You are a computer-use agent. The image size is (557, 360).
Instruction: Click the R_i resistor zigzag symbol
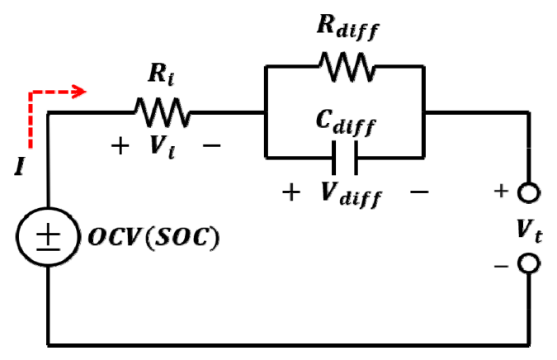coord(163,112)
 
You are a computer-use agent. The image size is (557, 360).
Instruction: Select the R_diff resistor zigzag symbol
coord(347,67)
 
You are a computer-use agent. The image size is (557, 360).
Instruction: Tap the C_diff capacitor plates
coord(345,158)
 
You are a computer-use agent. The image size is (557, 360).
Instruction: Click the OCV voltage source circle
coord(48,237)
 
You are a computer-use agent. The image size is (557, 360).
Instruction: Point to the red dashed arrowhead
coord(79,92)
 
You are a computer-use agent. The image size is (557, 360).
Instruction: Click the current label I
coord(20,167)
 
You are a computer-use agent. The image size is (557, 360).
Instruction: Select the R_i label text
coord(162,74)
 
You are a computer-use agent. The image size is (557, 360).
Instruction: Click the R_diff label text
coord(348,27)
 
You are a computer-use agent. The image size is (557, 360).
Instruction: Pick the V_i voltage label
coord(163,147)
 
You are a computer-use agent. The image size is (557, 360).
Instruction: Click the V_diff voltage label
coord(352,194)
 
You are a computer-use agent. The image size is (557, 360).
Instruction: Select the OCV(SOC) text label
coord(153,237)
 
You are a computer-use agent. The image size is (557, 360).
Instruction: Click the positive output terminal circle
coord(529,192)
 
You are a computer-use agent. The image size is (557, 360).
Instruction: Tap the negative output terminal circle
coord(529,263)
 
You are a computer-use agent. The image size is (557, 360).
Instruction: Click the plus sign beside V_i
coord(120,146)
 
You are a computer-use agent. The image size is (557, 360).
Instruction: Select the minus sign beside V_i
coord(212,145)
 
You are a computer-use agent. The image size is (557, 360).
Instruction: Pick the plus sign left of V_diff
coord(291,192)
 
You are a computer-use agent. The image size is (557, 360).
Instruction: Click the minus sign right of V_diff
coord(419,192)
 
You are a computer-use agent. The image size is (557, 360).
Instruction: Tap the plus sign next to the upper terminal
coord(501,192)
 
